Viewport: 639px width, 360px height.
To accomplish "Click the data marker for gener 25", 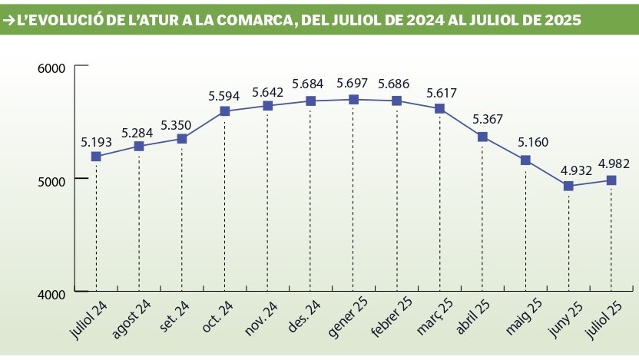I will (x=353, y=99).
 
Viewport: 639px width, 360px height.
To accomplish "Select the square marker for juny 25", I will (x=568, y=186).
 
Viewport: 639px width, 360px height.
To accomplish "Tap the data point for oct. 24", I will (x=224, y=111).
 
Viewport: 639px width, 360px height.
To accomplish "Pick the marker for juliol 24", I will (x=96, y=156).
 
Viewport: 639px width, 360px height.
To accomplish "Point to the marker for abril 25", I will (x=482, y=137).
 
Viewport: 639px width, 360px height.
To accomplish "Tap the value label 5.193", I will (x=96, y=141).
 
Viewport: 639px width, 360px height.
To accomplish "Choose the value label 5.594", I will (x=224, y=96).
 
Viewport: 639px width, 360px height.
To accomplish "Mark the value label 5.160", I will (x=525, y=143).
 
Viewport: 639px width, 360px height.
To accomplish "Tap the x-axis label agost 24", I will (x=132, y=318).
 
